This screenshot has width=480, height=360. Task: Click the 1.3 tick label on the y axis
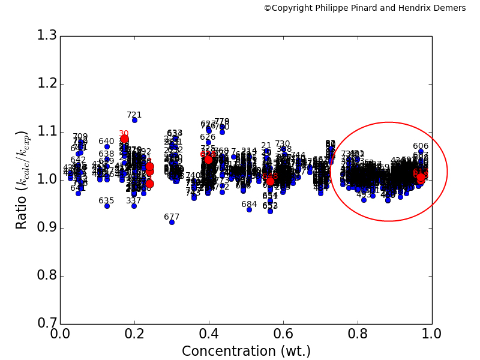pyautogui.click(x=44, y=35)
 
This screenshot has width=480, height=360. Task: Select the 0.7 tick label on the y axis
pyautogui.click(x=44, y=324)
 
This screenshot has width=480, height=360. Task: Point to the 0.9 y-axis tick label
pyautogui.click(x=44, y=228)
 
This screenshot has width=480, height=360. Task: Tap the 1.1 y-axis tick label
pyautogui.click(x=44, y=131)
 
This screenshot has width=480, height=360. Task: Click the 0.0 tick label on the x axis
pyautogui.click(x=60, y=335)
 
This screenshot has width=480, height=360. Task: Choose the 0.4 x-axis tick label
pyautogui.click(x=209, y=335)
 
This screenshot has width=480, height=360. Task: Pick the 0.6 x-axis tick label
pyautogui.click(x=283, y=335)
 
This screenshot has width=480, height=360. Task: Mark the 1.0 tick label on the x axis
pyautogui.click(x=432, y=335)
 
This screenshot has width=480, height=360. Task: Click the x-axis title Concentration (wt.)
pyautogui.click(x=246, y=351)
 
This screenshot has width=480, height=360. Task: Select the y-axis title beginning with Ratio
pyautogui.click(x=22, y=179)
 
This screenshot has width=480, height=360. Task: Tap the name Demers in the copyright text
pyautogui.click(x=449, y=8)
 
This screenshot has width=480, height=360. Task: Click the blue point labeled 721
pyautogui.click(x=134, y=120)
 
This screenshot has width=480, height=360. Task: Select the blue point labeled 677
pyautogui.click(x=172, y=222)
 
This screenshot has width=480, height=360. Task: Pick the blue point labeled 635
pyautogui.click(x=107, y=206)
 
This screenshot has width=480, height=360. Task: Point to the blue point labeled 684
pyautogui.click(x=249, y=209)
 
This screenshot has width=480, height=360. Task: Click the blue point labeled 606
pyautogui.click(x=421, y=152)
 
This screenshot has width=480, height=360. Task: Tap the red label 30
pyautogui.click(x=124, y=134)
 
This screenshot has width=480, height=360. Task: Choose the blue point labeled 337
pyautogui.click(x=134, y=206)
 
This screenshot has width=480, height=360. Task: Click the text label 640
pyautogui.click(x=106, y=142)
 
